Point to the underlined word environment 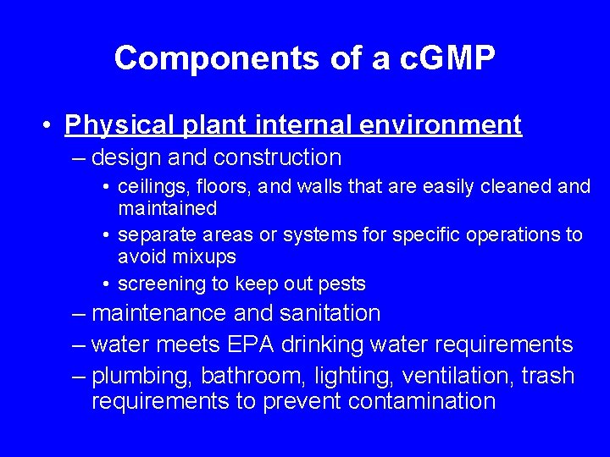coord(441,125)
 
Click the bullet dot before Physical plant coord(48,126)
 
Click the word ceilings coord(148,187)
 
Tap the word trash coord(546,376)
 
